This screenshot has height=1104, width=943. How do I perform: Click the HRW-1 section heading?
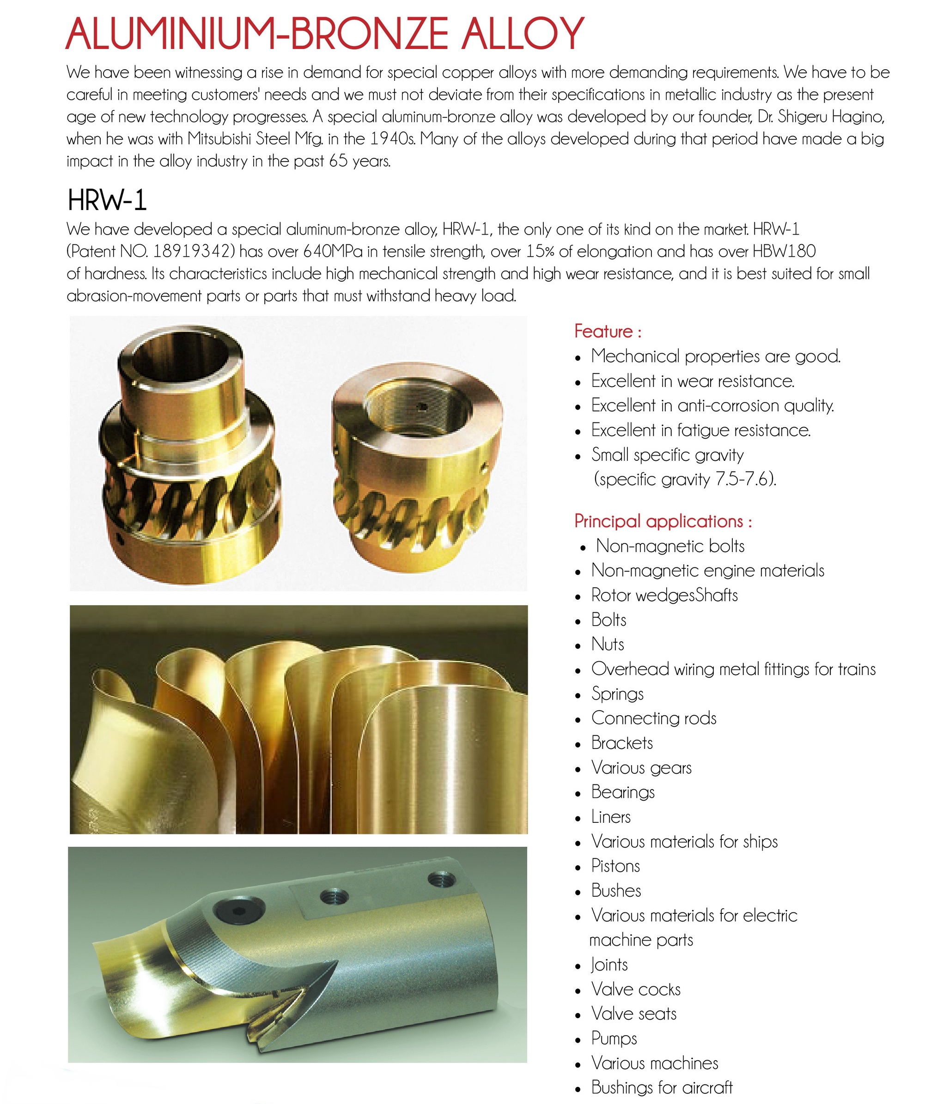pyautogui.click(x=107, y=200)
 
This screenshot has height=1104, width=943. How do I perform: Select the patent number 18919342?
pyautogui.click(x=193, y=252)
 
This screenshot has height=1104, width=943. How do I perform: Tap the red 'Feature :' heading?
pyautogui.click(x=608, y=332)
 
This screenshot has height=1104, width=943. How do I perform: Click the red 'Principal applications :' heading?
pyautogui.click(x=663, y=521)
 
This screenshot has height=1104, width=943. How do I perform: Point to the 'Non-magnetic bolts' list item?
pyautogui.click(x=670, y=546)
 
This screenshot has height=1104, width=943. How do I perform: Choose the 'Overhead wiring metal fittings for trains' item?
pyautogui.click(x=733, y=669)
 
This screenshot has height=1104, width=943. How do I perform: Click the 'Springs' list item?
pyautogui.click(x=617, y=694)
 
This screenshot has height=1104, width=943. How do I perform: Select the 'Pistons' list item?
pyautogui.click(x=615, y=866)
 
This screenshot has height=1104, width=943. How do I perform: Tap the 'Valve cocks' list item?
pyautogui.click(x=635, y=989)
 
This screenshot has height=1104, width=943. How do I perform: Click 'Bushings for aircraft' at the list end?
pyautogui.click(x=662, y=1087)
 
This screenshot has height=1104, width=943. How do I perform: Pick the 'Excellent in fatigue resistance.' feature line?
pyautogui.click(x=700, y=430)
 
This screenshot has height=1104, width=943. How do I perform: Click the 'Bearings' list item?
pyautogui.click(x=623, y=792)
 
